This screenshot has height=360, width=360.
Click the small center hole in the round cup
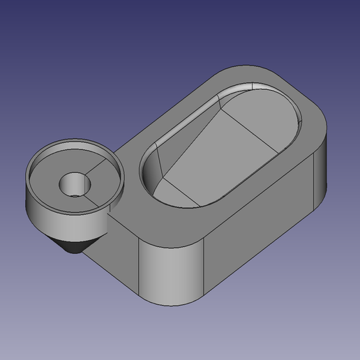point(74,187)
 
